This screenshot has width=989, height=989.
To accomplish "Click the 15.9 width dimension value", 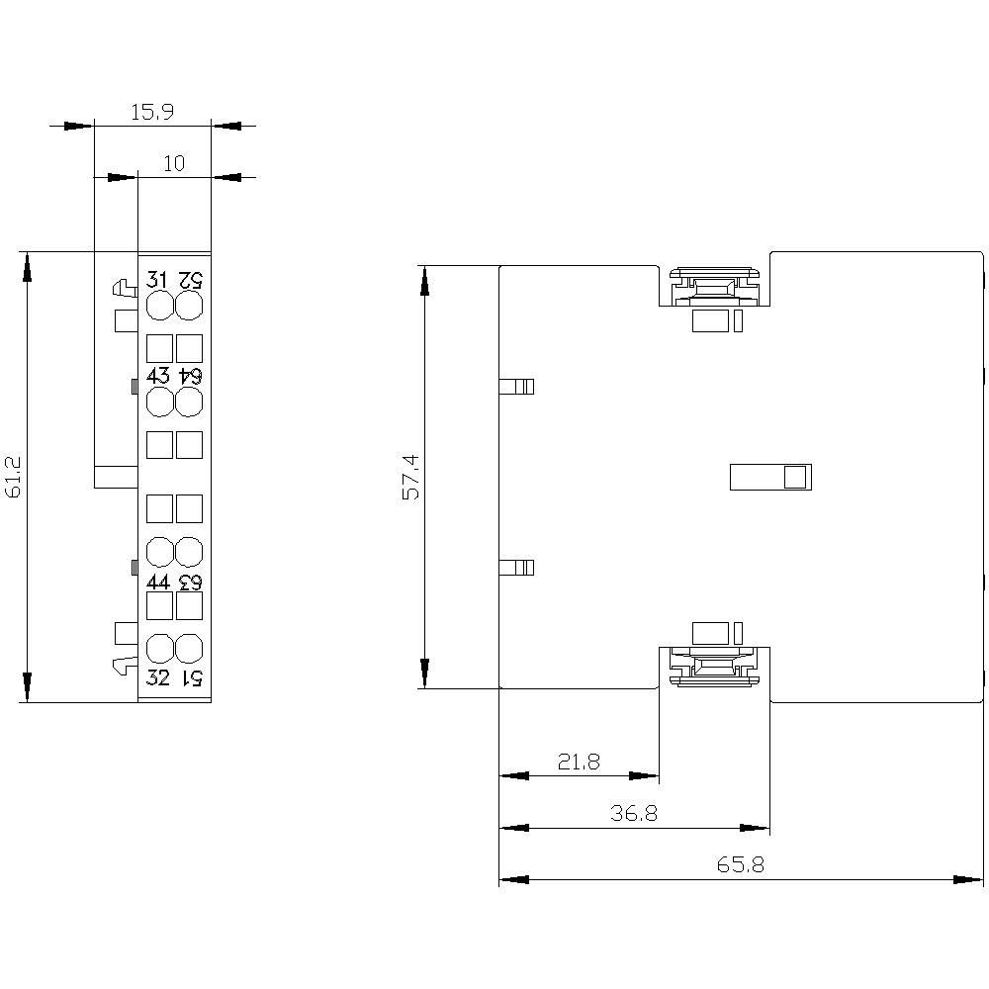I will tap(152, 113).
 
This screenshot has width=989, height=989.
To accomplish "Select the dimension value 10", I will tap(174, 164).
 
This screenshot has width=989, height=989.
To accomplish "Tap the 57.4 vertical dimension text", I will tap(410, 478).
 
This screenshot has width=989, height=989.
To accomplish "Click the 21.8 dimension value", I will tap(579, 762).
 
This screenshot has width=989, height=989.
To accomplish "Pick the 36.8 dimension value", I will tap(634, 814).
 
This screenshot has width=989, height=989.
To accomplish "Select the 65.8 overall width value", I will tap(741, 865).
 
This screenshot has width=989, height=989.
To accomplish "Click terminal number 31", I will tap(158, 279).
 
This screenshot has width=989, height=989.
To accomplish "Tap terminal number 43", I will tap(158, 376).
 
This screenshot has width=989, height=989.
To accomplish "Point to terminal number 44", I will tap(158, 582).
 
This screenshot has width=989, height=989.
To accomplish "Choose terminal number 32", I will tap(158, 677).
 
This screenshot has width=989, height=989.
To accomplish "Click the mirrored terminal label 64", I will tap(190, 376).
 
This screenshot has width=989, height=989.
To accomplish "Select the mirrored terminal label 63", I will tap(190, 582).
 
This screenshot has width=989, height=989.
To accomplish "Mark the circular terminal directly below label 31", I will tap(159, 307).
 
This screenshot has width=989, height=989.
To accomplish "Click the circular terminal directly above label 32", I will tap(159, 649).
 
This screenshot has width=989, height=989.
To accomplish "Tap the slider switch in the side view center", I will tap(770, 478).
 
